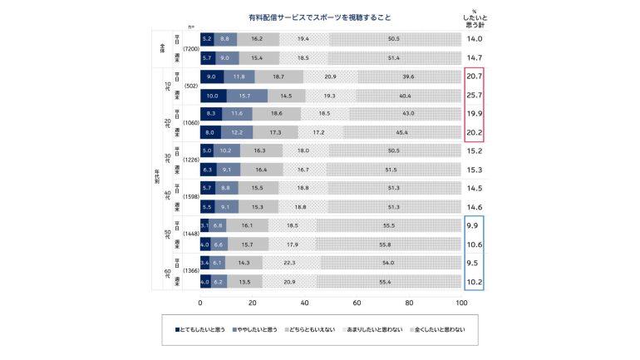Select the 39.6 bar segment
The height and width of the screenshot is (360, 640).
tap(407, 76)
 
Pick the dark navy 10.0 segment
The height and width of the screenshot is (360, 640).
tap(212, 95)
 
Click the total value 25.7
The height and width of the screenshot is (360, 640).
tap(475, 95)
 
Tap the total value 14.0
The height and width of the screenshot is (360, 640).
tap(475, 39)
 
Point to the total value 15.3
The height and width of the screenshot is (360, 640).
tap(475, 170)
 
